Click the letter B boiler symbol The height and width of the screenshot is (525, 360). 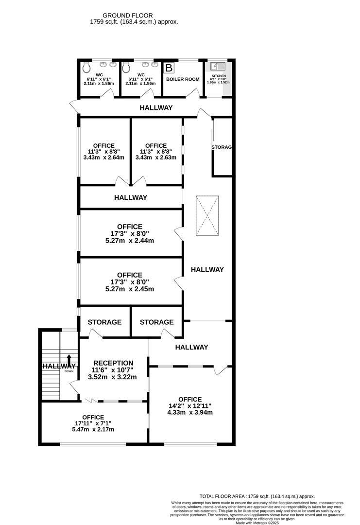click(x=169, y=68)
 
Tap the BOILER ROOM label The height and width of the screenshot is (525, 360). click(x=183, y=79)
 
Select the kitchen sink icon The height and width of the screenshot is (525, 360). click(x=217, y=68)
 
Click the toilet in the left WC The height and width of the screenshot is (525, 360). click(x=86, y=67)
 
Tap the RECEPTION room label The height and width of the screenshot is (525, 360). click(x=113, y=363)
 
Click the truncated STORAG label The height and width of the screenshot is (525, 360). click(x=222, y=147)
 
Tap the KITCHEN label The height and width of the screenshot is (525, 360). click(x=218, y=76)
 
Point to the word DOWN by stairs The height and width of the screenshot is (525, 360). click(x=69, y=371)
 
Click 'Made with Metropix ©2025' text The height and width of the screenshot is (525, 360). click(x=257, y=523)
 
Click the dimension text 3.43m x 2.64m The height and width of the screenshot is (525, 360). click(x=103, y=157)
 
